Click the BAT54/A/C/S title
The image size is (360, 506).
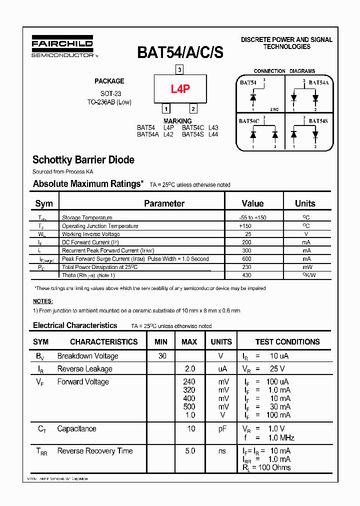pos(180,52)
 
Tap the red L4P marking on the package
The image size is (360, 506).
pos(180,89)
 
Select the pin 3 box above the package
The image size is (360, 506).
pos(180,69)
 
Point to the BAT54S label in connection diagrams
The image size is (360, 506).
pos(318,121)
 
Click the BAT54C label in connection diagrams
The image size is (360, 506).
pos(248,121)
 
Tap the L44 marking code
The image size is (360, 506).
pos(213,134)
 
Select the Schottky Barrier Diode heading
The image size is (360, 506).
pos(83,160)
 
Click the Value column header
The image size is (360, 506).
pos(252,203)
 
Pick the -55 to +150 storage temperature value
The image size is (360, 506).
pos(252,217)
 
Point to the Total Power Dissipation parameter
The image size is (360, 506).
pos(99,267)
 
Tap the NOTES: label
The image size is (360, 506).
pos(42,301)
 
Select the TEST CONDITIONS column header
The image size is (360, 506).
pos(287,342)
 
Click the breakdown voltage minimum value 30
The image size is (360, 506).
pos(162,356)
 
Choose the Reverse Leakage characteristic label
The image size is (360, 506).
pos(84,369)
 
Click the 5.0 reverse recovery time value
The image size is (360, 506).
pos(189,451)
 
